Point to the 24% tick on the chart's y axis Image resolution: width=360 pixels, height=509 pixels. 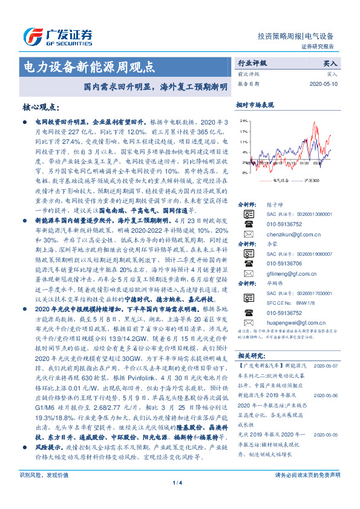click(x=243, y=120)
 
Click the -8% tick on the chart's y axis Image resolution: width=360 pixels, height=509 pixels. click(x=243, y=173)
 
